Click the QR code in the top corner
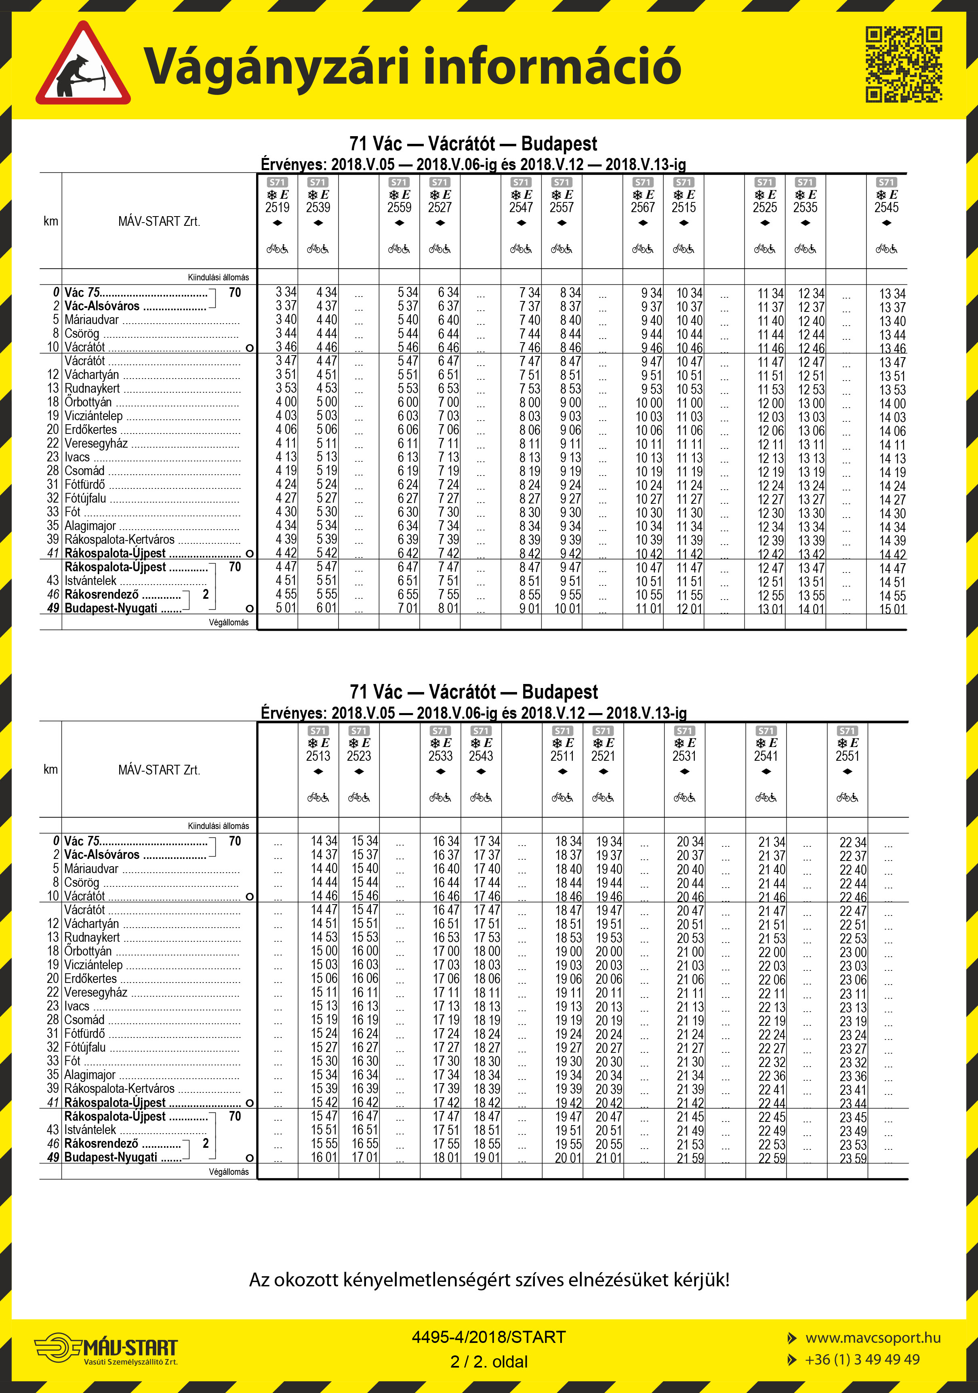903,64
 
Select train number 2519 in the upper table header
277,208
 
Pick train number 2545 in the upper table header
886,208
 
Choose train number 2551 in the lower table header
848,756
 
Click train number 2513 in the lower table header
318,756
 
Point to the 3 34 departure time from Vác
286,292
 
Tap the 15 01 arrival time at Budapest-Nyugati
892,608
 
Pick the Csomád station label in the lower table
84,1020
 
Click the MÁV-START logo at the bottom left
106,1348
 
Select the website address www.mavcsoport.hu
873,1338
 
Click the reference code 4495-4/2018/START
488,1337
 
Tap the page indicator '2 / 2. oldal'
488,1362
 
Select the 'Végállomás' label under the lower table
229,1172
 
